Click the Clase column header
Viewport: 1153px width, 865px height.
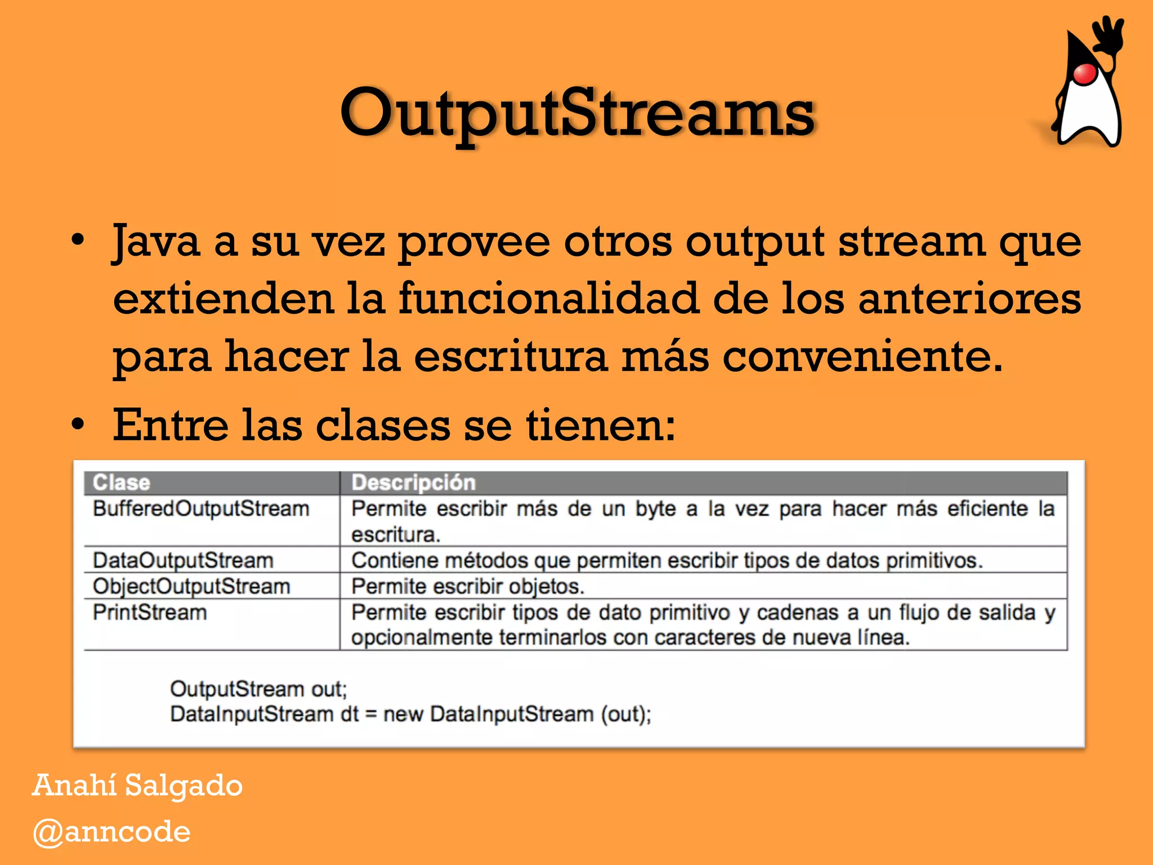[x=122, y=483]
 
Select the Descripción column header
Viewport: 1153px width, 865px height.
[x=413, y=483]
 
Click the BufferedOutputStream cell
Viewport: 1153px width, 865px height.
[x=201, y=509]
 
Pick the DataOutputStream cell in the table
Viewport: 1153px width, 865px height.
[x=183, y=560]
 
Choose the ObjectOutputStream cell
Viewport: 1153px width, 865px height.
[x=191, y=586]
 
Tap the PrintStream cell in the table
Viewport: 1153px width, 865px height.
[x=150, y=612]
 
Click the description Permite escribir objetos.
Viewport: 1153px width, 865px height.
[x=468, y=586]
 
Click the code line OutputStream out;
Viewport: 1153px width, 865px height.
[x=258, y=689]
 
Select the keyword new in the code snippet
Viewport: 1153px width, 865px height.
[x=403, y=714]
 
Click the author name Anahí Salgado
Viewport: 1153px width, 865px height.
[x=137, y=785]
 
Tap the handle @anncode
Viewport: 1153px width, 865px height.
[x=111, y=832]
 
